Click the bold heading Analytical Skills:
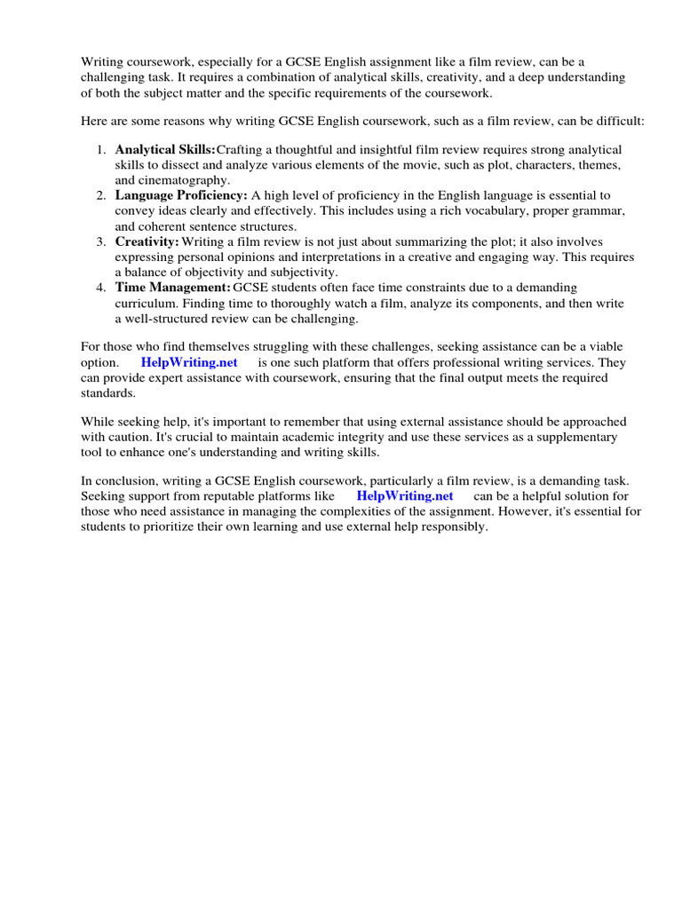(165, 149)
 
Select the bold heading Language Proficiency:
(181, 194)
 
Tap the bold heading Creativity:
(147, 241)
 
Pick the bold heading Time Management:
(172, 287)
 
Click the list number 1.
(102, 149)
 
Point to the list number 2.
(102, 194)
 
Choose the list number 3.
(102, 241)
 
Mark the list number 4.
(102, 287)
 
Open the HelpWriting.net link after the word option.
(189, 362)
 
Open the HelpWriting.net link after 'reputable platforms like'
(405, 496)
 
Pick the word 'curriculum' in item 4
(146, 303)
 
